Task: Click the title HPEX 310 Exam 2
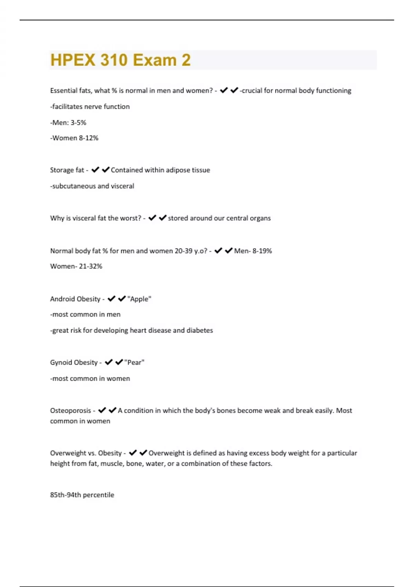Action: pyautogui.click(x=120, y=60)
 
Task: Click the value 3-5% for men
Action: pyautogui.click(x=78, y=123)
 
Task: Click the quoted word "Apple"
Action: pyautogui.click(x=139, y=299)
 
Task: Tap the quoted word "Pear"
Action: pyautogui.click(x=134, y=363)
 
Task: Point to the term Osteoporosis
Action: pyautogui.click(x=70, y=411)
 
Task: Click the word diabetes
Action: pyautogui.click(x=200, y=330)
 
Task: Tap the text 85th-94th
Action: pyautogui.click(x=65, y=495)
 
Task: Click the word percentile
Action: pyautogui.click(x=98, y=495)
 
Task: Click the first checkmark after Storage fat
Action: pyautogui.click(x=95, y=170)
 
